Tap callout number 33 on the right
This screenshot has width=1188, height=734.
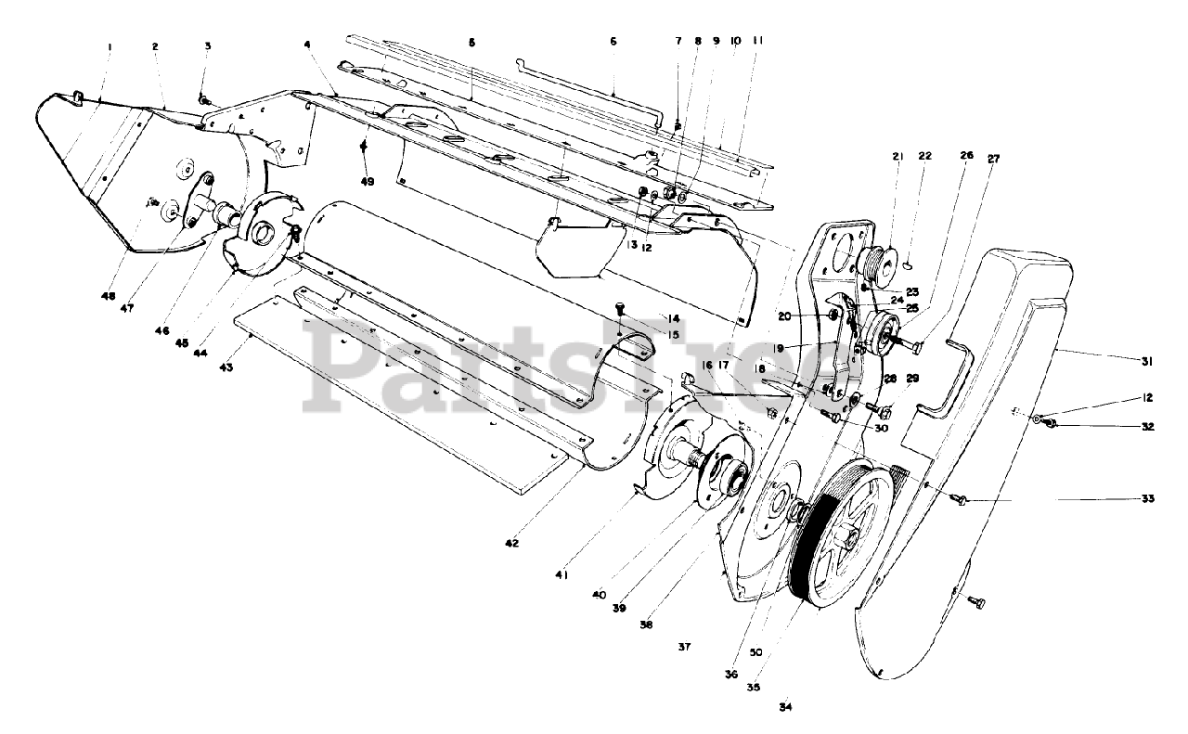[1148, 498]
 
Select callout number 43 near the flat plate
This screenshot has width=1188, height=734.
[226, 367]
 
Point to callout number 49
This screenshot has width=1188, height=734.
[368, 182]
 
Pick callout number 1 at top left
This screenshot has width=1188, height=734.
[109, 45]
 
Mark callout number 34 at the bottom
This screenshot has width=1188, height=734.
[786, 707]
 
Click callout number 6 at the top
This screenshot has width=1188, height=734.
[613, 41]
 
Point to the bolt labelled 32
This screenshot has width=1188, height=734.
[1052, 425]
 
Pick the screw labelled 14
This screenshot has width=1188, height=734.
[621, 307]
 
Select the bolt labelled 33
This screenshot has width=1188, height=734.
[960, 500]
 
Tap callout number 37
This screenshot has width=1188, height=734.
[684, 647]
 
